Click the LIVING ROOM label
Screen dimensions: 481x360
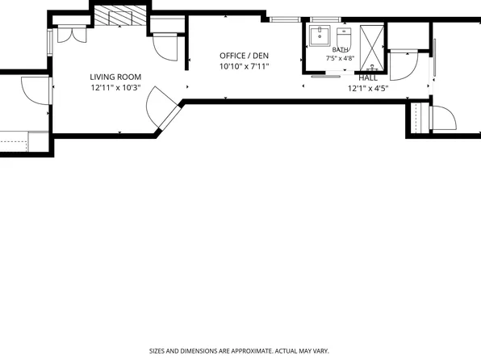point(115,77)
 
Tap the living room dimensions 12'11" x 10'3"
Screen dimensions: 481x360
point(115,88)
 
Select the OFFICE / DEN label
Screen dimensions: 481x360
point(245,56)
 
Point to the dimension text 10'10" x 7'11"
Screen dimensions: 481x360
point(245,66)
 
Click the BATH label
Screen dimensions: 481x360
point(341,50)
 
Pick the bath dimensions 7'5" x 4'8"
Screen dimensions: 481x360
point(341,58)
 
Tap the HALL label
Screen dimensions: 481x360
point(368,78)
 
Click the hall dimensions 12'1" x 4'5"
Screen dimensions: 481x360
point(368,89)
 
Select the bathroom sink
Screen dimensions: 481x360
point(320,36)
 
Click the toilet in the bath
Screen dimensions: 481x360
point(344,37)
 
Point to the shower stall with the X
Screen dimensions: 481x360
point(372,48)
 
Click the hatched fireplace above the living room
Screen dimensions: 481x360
point(120,15)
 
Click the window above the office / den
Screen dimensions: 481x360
point(285,19)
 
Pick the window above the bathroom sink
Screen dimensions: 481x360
point(325,19)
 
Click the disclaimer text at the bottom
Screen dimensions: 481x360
point(239,351)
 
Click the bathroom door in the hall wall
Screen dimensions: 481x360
point(326,76)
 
